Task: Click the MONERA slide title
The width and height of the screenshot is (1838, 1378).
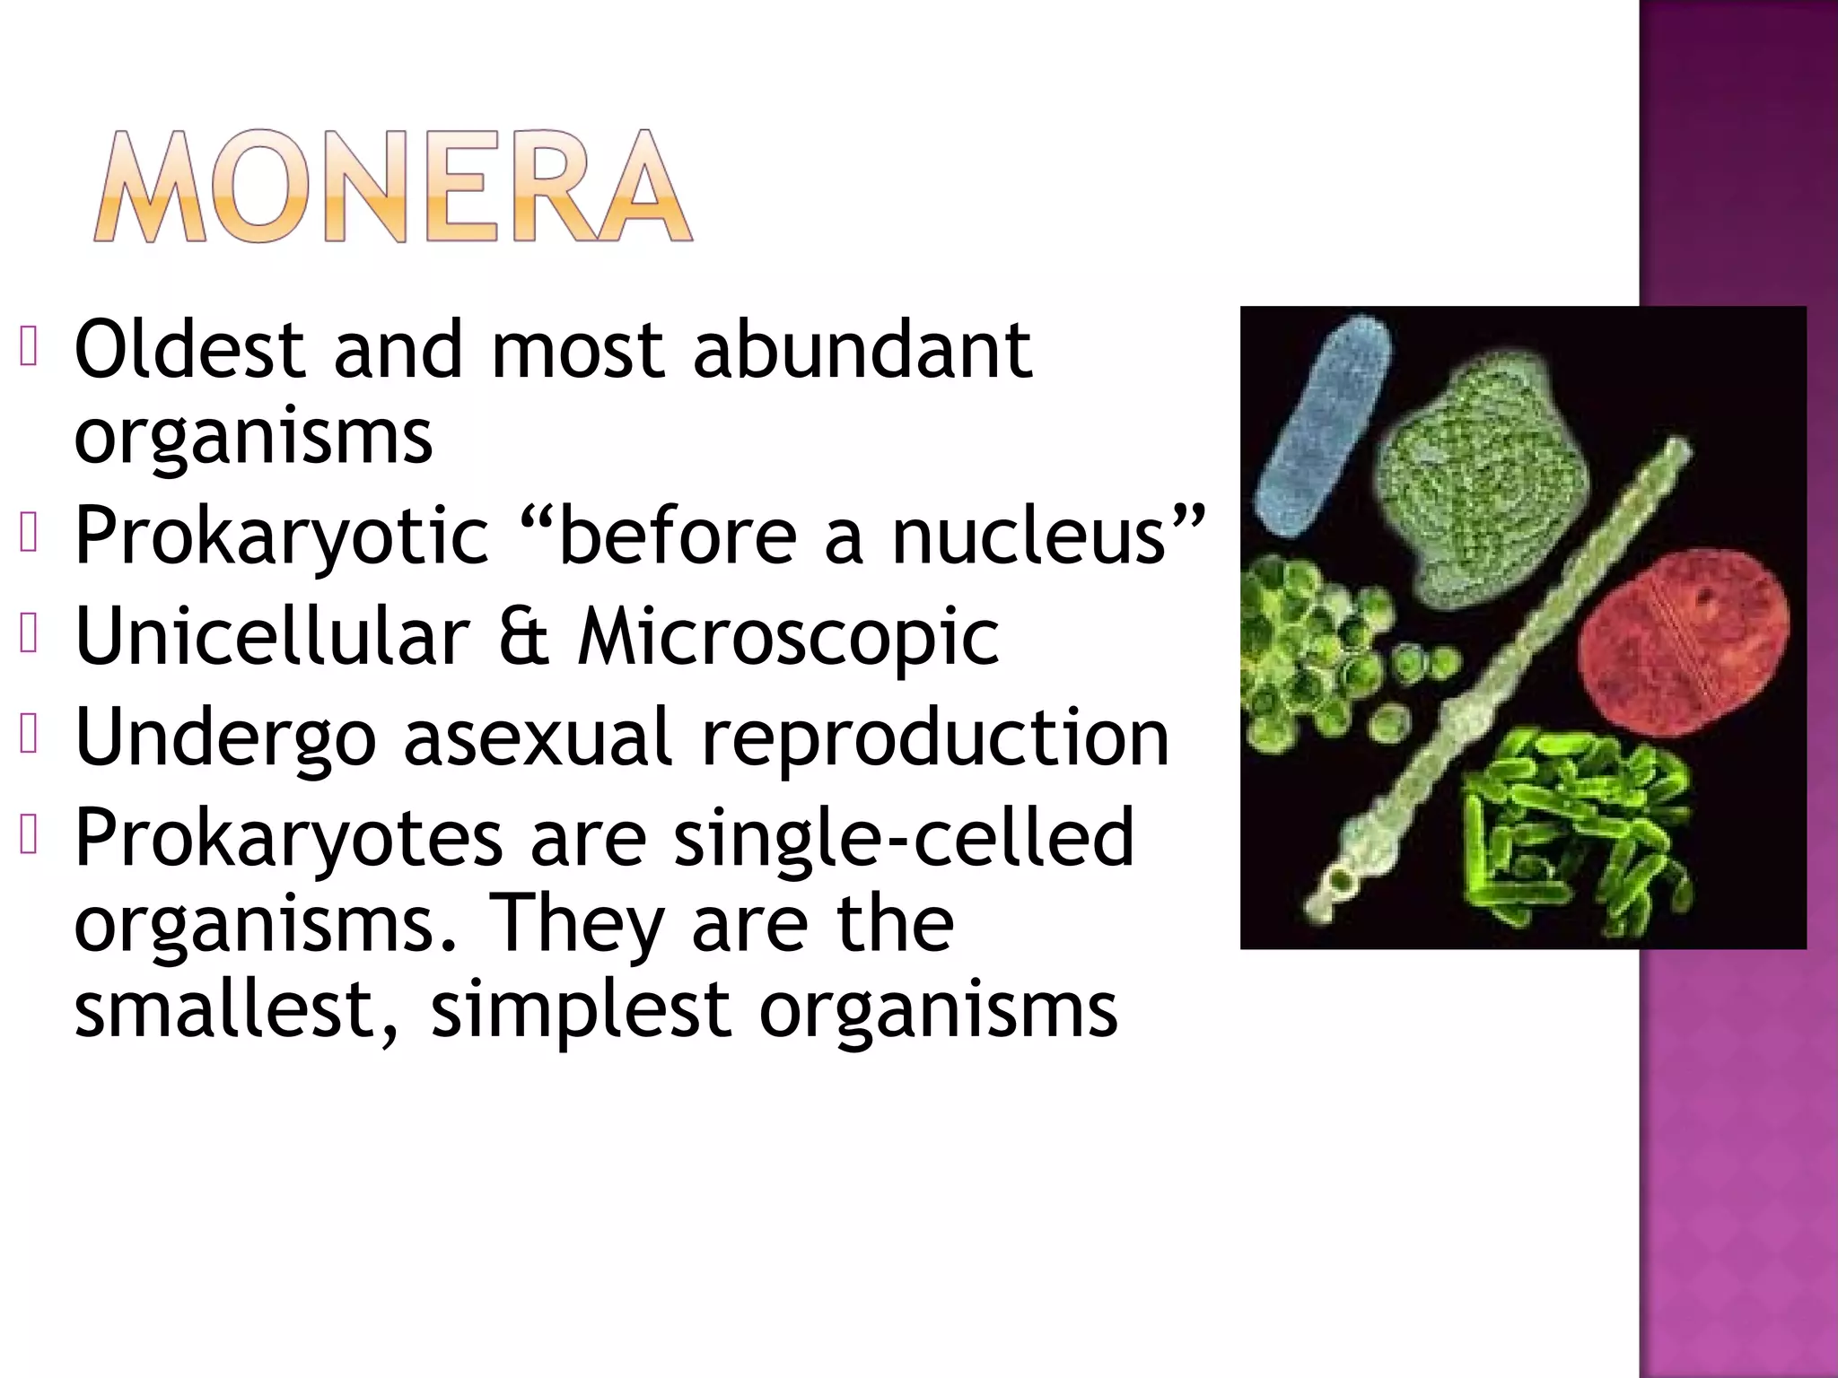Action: pos(392,187)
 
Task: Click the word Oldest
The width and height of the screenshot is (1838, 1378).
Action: pos(189,350)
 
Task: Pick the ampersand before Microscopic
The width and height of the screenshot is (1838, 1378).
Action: pos(523,637)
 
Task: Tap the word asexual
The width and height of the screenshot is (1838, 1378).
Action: pos(537,737)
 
